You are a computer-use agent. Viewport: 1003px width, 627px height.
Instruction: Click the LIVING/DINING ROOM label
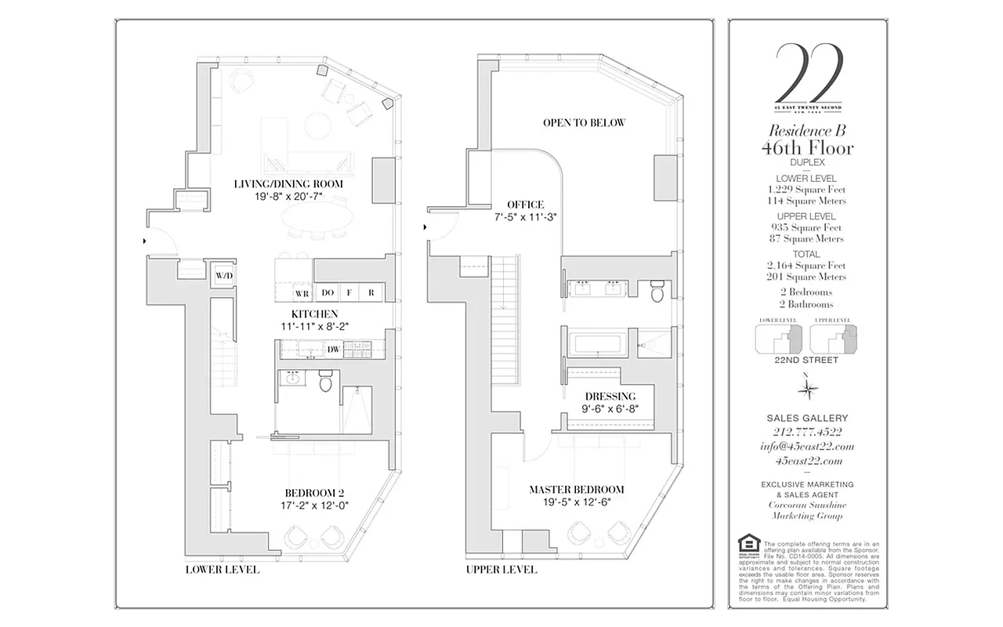click(288, 184)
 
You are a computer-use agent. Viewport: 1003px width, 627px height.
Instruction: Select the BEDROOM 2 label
click(314, 493)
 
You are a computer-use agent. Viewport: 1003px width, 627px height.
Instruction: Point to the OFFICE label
click(524, 205)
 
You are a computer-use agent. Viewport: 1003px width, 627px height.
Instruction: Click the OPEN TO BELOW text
click(585, 123)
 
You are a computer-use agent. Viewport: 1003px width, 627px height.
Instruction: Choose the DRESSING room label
click(610, 396)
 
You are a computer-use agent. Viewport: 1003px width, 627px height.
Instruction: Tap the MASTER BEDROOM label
click(576, 490)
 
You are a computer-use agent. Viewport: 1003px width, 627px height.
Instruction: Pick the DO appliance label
click(328, 293)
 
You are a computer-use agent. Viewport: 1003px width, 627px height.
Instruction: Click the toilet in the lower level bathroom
click(326, 382)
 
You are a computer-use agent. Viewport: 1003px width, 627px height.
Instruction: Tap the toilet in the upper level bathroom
click(657, 291)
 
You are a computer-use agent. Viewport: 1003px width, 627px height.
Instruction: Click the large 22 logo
click(808, 72)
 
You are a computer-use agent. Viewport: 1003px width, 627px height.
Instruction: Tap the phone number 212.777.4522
click(807, 433)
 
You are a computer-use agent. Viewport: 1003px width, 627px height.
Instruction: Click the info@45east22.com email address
click(807, 447)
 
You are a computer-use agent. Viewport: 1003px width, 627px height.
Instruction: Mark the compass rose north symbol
click(807, 387)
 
